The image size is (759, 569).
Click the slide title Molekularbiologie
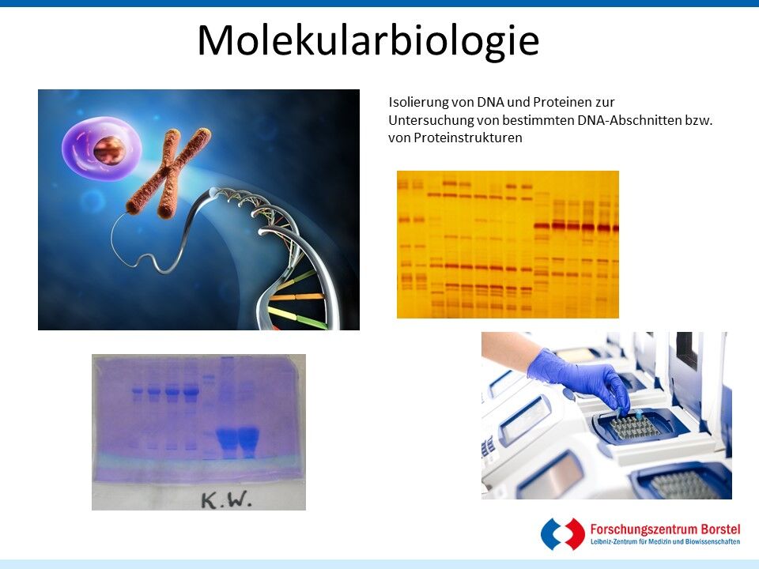click(x=368, y=41)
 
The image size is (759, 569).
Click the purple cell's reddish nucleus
click(x=109, y=150)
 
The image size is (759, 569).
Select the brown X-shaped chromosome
click(x=168, y=172)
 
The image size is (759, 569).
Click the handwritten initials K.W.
click(x=226, y=499)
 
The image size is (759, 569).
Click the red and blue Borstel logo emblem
click(x=563, y=533)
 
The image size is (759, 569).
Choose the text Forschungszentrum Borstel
click(x=665, y=529)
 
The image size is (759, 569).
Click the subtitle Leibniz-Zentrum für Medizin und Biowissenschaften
click(x=665, y=542)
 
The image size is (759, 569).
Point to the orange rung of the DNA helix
click(x=296, y=297)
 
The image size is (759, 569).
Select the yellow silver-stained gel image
click(x=508, y=244)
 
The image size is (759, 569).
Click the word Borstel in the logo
click(x=719, y=529)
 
